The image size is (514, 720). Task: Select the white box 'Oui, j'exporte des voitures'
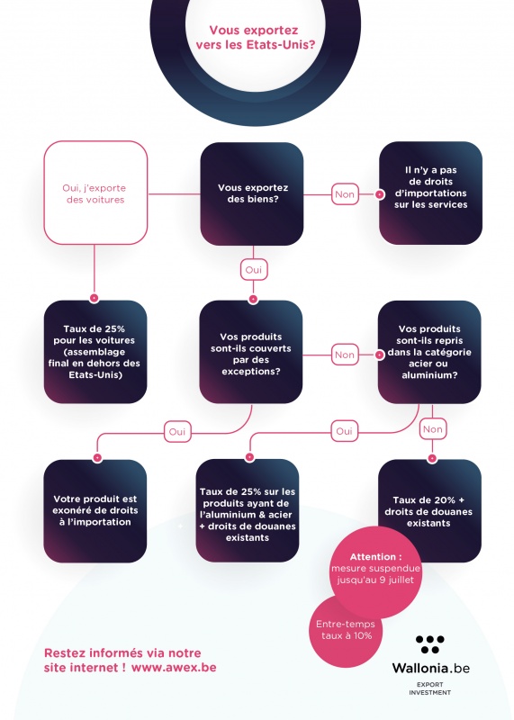(x=95, y=193)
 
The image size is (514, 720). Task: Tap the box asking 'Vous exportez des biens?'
(x=252, y=193)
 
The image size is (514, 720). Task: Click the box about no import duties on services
(x=430, y=193)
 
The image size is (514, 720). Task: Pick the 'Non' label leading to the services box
(x=345, y=194)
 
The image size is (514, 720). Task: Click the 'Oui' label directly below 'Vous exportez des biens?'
(x=254, y=269)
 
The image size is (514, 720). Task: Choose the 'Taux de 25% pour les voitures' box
(x=95, y=352)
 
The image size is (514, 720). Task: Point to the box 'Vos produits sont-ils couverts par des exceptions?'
(x=251, y=352)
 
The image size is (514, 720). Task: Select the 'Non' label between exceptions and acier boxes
(x=345, y=355)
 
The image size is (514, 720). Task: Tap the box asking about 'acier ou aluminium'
(x=429, y=352)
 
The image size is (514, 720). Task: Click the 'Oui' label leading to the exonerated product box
(x=177, y=432)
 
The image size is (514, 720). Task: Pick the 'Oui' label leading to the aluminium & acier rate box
(x=345, y=431)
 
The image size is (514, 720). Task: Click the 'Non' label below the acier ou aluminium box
(x=433, y=429)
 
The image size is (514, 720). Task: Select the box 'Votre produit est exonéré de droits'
(x=95, y=510)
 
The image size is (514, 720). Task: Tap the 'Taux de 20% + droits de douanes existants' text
(x=428, y=511)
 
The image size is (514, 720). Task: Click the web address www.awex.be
(x=174, y=667)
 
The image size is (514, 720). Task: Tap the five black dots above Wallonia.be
(x=430, y=644)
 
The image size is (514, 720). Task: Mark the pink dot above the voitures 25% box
(x=95, y=298)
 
